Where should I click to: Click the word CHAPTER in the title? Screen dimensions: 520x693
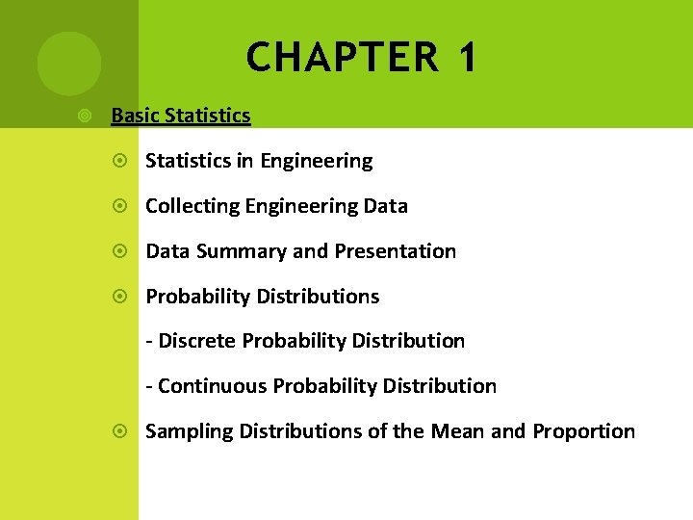click(342, 59)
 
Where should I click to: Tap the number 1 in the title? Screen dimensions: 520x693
click(467, 59)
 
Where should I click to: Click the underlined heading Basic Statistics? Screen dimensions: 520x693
click(181, 117)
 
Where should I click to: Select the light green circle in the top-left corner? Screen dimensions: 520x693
click(69, 64)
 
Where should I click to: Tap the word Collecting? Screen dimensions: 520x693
click(192, 206)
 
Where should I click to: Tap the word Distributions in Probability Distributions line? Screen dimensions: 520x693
click(318, 297)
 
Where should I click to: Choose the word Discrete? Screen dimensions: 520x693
click(197, 341)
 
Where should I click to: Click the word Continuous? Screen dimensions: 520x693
click(212, 386)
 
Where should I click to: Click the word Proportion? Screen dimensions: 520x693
click(583, 431)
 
